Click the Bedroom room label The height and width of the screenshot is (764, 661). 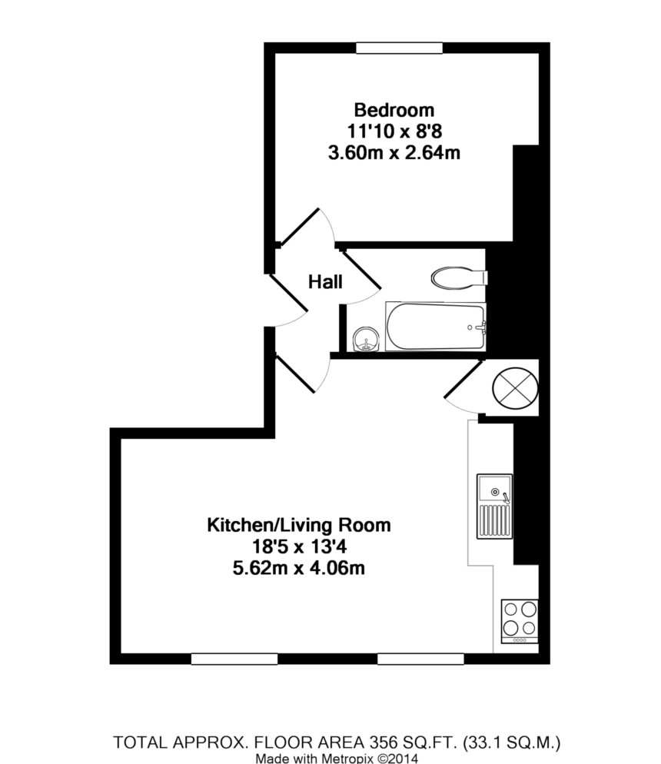[394, 110]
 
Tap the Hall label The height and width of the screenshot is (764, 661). [325, 282]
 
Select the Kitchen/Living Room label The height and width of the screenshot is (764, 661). [299, 526]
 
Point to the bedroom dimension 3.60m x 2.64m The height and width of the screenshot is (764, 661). [394, 152]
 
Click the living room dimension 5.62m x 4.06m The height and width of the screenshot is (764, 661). [299, 570]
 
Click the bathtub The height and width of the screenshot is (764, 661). [436, 327]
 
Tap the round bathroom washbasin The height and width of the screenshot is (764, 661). [367, 339]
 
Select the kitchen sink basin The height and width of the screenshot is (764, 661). [493, 489]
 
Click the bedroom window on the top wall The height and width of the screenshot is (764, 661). [400, 48]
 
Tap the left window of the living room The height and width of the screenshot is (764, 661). [234, 658]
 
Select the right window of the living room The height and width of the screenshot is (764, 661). [420, 658]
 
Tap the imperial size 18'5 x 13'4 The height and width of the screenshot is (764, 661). [299, 547]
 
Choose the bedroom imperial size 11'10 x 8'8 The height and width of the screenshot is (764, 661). [394, 131]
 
